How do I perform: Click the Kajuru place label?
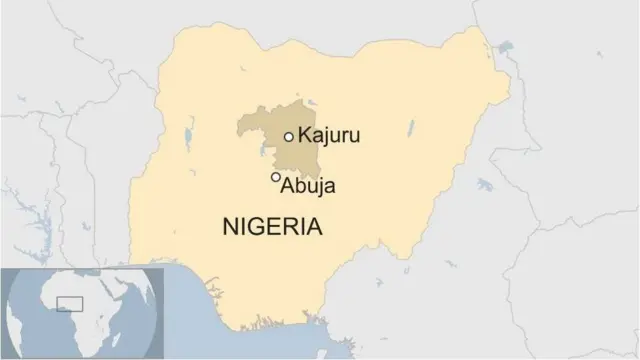coord(327,135)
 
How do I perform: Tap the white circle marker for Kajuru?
coord(289,136)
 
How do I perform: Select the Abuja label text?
coord(308,186)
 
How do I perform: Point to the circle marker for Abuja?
coord(276,177)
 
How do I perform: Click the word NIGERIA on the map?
coord(272,227)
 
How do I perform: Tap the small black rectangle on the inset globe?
coord(69,303)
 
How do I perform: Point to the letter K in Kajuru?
coord(304,135)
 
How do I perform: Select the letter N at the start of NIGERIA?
coord(229,227)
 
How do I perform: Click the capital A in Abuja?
coord(288,186)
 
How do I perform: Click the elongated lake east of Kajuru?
coord(410,129)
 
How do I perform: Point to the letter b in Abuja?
coord(300,186)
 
